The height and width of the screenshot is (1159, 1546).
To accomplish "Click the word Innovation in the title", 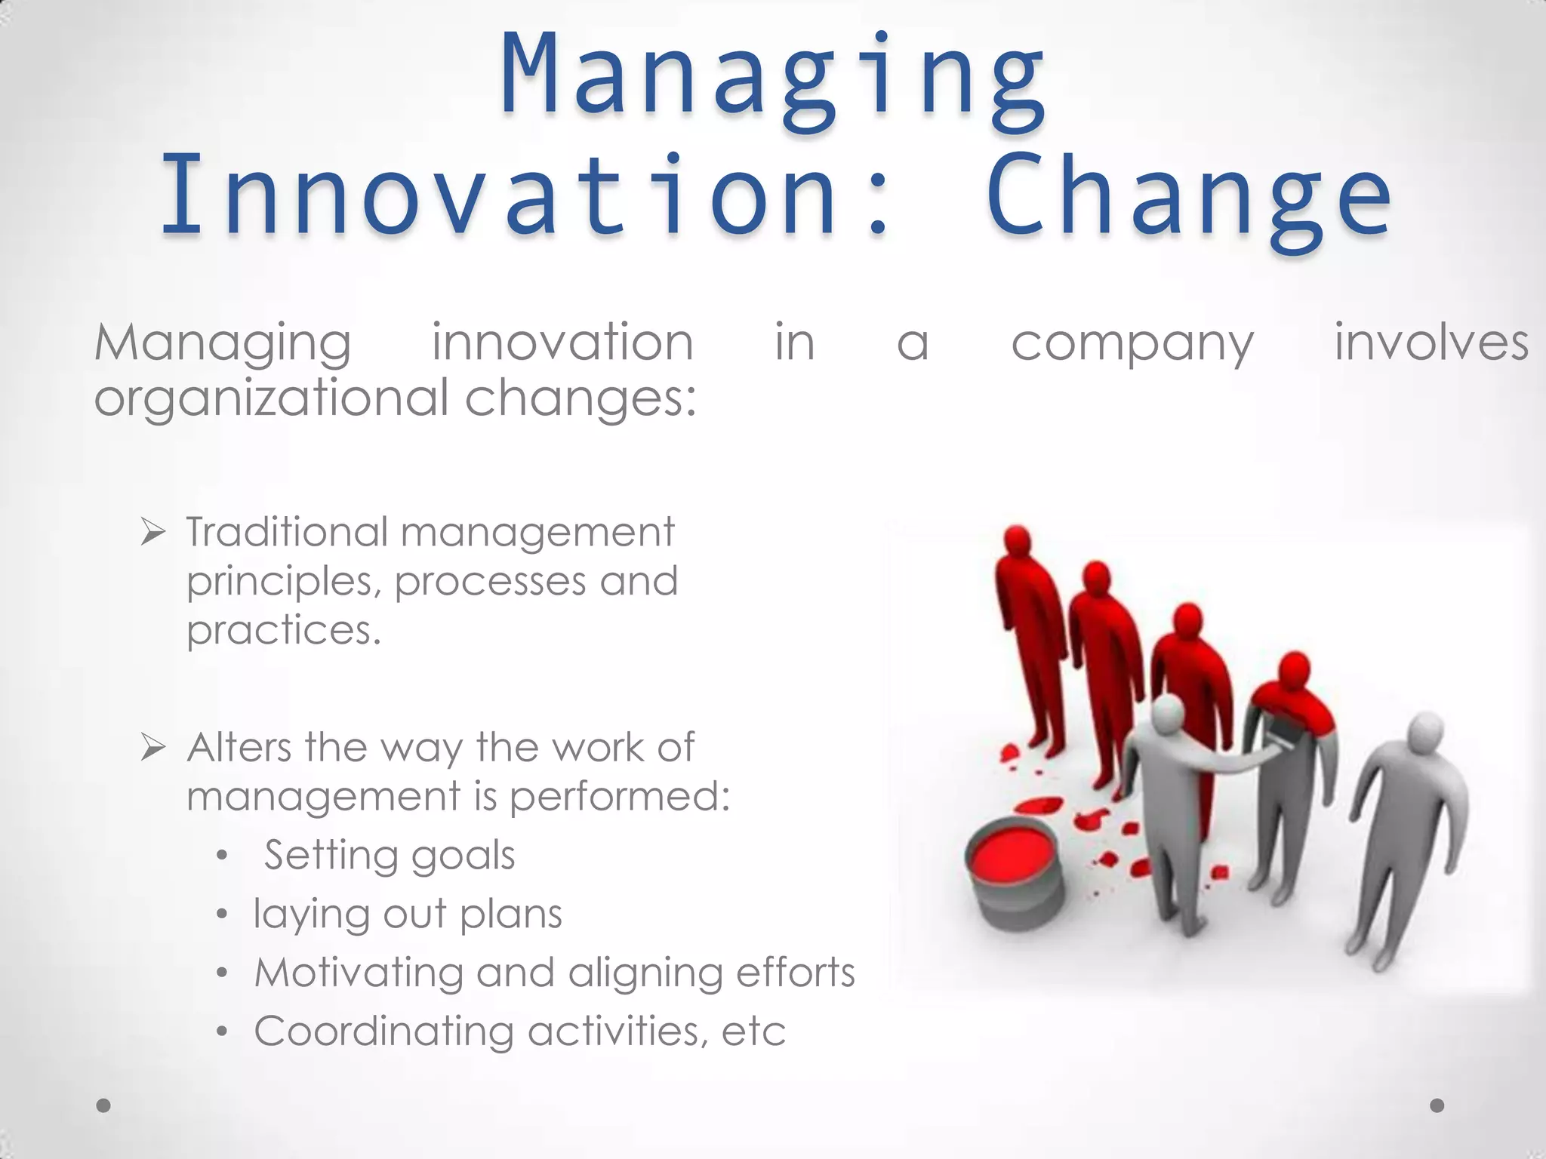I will point(498,195).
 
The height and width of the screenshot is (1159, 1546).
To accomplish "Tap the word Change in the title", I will point(1188,198).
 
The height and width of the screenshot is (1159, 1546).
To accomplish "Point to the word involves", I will point(1431,343).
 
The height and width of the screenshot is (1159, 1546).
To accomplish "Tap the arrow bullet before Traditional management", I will point(153,533).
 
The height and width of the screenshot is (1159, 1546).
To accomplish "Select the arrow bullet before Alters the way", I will point(153,749).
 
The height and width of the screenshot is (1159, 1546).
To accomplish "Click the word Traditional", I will point(287,532).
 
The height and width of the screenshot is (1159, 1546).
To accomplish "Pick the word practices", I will point(283,631).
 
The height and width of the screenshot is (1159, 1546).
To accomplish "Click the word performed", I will point(619,797).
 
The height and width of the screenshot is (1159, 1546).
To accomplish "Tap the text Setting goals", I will point(390,856).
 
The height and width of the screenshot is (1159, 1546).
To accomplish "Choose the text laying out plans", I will point(408,915).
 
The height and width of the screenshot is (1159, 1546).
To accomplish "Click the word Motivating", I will point(359,972).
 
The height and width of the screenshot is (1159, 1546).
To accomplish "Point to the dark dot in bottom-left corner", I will point(104,1105).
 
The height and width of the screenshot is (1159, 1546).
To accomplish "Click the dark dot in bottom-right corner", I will point(1437,1105).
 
